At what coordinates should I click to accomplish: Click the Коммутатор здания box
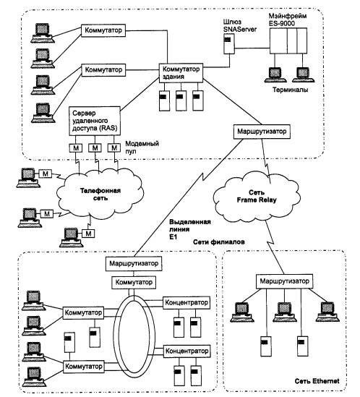[181, 73]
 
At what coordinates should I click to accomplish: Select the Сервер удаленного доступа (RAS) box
[95, 121]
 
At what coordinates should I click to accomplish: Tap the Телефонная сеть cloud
[100, 194]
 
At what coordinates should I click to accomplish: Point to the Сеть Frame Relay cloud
[257, 197]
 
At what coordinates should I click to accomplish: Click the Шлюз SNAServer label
[239, 25]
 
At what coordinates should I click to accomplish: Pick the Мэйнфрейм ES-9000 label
[287, 20]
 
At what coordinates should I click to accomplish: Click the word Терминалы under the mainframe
[291, 90]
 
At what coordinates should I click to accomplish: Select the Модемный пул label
[142, 148]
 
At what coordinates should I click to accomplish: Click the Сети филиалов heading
[219, 242]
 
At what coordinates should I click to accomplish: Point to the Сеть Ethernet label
[317, 381]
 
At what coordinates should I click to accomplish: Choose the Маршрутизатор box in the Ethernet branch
[284, 281]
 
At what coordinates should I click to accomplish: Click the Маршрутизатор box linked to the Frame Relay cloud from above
[262, 132]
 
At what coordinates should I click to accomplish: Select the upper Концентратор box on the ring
[187, 302]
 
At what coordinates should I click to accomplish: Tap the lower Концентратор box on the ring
[187, 351]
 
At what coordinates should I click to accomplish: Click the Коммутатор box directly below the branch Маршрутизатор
[134, 282]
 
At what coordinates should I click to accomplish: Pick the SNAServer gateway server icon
[229, 43]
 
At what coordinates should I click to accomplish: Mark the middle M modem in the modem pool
[95, 148]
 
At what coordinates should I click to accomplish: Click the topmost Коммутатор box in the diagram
[103, 30]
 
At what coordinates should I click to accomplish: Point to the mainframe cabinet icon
[288, 40]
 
